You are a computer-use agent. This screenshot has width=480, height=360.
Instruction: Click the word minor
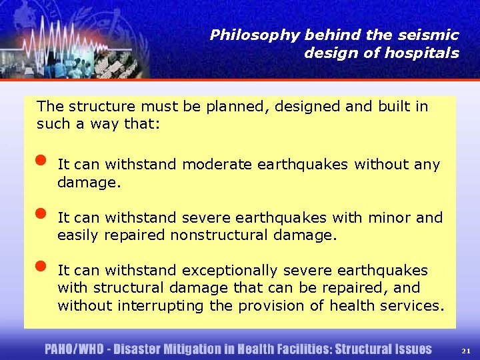(x=395, y=217)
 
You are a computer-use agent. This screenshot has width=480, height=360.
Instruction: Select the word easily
(x=78, y=235)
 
